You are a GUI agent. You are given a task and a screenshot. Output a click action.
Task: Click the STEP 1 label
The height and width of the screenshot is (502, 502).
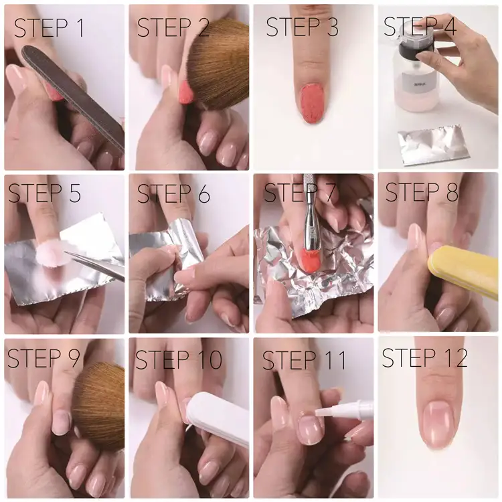[x=50, y=28]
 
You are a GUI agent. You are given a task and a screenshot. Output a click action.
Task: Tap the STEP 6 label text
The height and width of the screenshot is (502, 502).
[x=173, y=194]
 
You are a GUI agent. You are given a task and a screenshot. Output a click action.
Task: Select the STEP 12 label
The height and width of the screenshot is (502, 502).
[x=424, y=358]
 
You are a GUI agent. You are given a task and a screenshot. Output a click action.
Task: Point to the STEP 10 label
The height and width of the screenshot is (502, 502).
[x=179, y=359]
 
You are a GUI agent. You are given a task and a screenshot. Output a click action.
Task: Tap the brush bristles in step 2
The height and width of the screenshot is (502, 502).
[x=218, y=64]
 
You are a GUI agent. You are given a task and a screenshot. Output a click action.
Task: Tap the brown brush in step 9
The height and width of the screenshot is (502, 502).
[x=99, y=405]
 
